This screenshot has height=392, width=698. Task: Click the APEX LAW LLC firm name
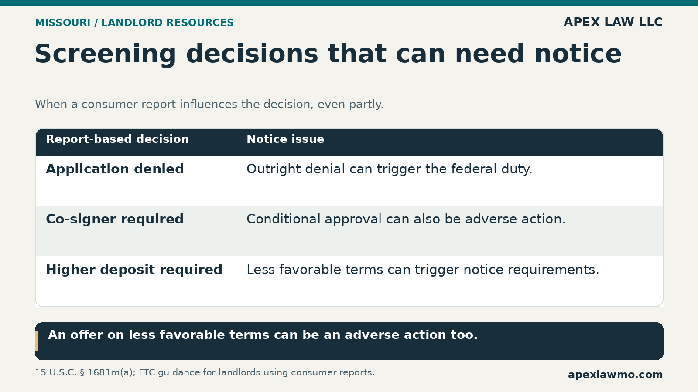point(613,22)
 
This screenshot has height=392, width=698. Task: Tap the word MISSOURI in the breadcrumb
point(63,23)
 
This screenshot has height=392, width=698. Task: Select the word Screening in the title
point(105,54)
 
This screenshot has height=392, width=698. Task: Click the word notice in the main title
point(578,54)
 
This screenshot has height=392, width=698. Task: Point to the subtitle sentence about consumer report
point(209,104)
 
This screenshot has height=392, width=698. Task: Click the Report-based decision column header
point(117,139)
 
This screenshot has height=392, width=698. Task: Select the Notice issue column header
point(285,139)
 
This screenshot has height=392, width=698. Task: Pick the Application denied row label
point(115,169)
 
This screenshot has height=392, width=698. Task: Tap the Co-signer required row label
point(115,220)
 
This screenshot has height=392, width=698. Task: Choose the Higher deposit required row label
point(134,270)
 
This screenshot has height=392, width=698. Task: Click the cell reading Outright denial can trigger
point(390,169)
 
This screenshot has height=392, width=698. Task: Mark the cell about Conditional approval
point(406,220)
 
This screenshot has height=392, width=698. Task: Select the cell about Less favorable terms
point(423,270)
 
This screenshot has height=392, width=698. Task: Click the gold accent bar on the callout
point(36,341)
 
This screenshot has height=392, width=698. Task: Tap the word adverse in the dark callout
point(372,335)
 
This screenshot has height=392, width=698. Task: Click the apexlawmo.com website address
point(616,375)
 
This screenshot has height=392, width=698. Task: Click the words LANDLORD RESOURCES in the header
point(168,23)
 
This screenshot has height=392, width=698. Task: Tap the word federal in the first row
point(458,169)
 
